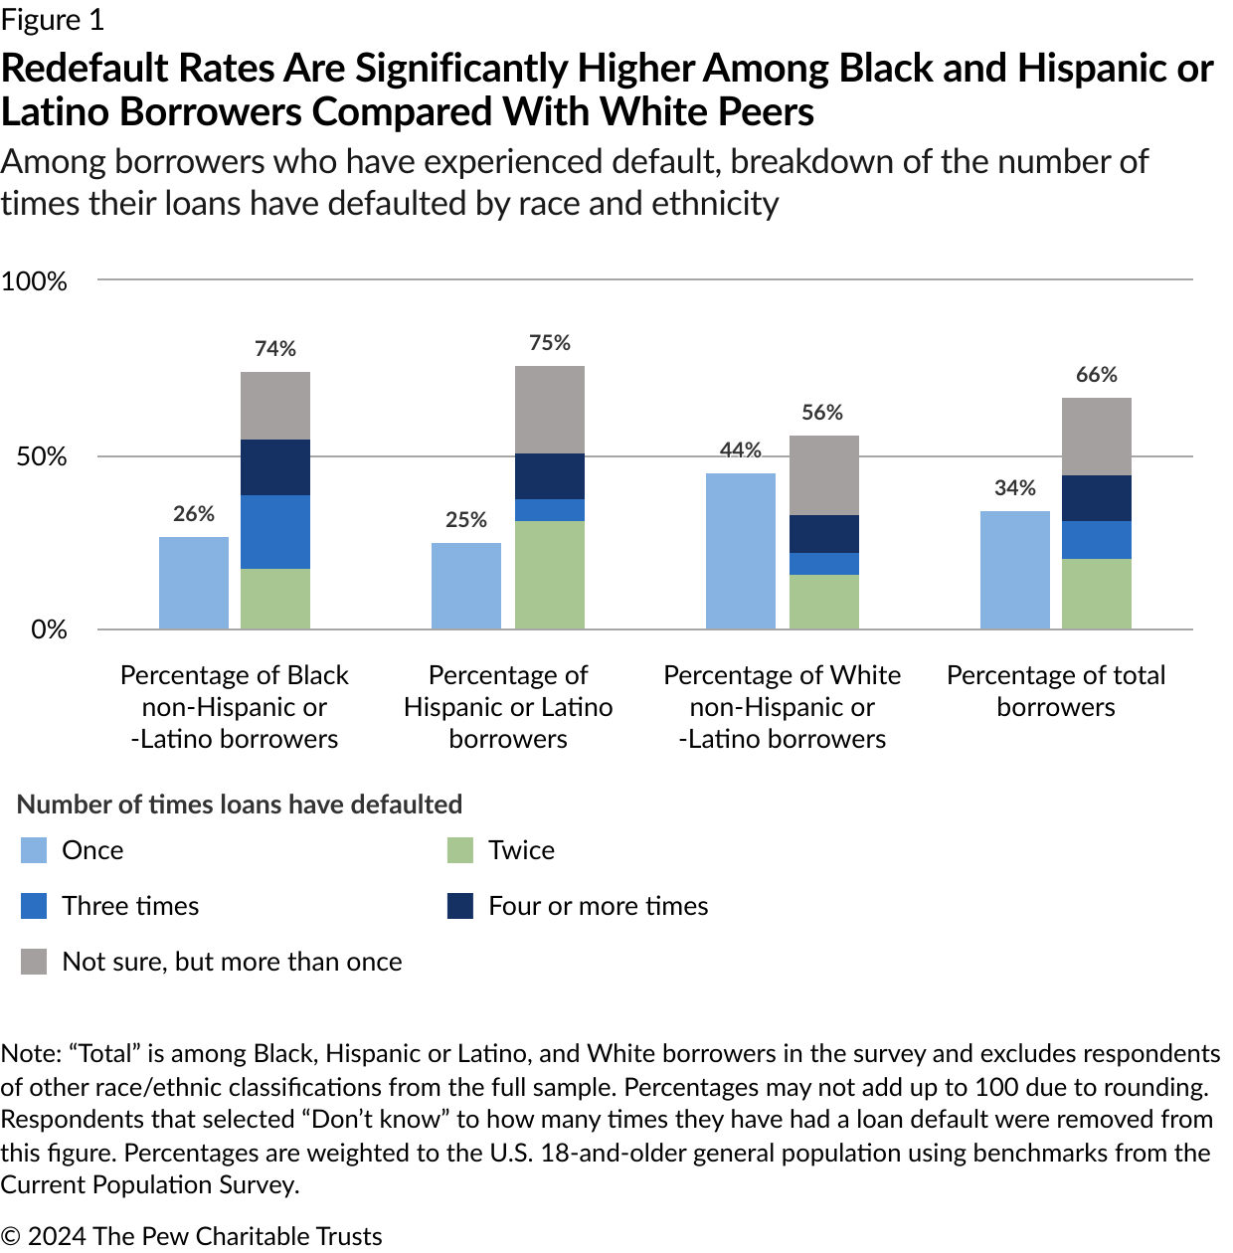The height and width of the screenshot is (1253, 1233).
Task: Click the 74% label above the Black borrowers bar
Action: click(x=275, y=349)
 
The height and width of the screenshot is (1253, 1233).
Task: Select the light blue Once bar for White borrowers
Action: click(x=740, y=551)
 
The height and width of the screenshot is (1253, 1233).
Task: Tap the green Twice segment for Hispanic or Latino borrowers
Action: click(x=549, y=575)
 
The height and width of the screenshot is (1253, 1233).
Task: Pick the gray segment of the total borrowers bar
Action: click(x=1096, y=437)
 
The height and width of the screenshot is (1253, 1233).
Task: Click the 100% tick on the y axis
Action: click(x=35, y=281)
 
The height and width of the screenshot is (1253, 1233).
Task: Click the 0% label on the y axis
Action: click(x=48, y=629)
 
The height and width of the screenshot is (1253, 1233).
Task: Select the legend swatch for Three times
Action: click(x=34, y=906)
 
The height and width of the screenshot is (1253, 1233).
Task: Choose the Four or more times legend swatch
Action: click(x=460, y=906)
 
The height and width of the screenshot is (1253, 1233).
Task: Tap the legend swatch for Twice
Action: click(x=460, y=850)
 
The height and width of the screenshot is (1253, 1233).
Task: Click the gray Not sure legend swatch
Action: click(x=34, y=962)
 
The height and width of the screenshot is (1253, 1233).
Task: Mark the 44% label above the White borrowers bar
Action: click(x=740, y=450)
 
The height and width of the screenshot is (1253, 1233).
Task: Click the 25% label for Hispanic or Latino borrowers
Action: click(x=466, y=520)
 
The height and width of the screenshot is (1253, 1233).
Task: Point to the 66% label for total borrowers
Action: click(x=1096, y=375)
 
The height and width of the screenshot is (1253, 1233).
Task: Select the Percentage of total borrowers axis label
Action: click(x=1055, y=691)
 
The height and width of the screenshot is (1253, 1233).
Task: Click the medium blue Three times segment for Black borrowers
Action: click(x=275, y=532)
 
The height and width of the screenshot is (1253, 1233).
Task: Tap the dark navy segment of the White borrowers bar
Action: click(x=823, y=534)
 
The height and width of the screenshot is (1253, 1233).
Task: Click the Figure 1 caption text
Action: click(x=52, y=20)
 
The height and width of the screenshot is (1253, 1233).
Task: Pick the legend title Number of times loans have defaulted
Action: click(x=240, y=805)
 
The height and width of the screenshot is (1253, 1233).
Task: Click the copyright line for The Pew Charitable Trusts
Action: click(x=191, y=1236)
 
